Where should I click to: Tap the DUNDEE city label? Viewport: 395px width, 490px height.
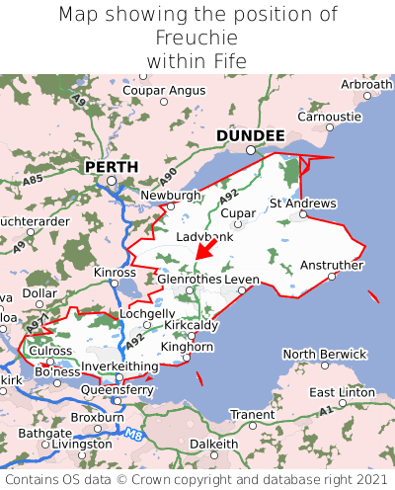tap(251, 135)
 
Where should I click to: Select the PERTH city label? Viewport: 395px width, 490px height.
tap(111, 167)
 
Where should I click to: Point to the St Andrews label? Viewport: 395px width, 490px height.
tap(303, 204)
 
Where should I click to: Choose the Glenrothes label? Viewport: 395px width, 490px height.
tap(190, 280)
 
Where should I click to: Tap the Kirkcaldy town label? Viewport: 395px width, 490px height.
tap(192, 324)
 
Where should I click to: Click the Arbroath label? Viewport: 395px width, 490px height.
tap(366, 85)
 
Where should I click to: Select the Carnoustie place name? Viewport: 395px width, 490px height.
tap(331, 116)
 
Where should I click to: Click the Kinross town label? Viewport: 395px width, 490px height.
tap(115, 272)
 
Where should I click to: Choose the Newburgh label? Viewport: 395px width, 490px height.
tap(171, 196)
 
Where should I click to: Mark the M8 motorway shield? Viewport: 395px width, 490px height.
tap(134, 432)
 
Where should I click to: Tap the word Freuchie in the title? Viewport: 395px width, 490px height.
tap(197, 38)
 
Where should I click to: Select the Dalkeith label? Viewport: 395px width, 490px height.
tap(213, 445)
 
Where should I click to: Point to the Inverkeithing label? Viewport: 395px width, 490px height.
tap(120, 367)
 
